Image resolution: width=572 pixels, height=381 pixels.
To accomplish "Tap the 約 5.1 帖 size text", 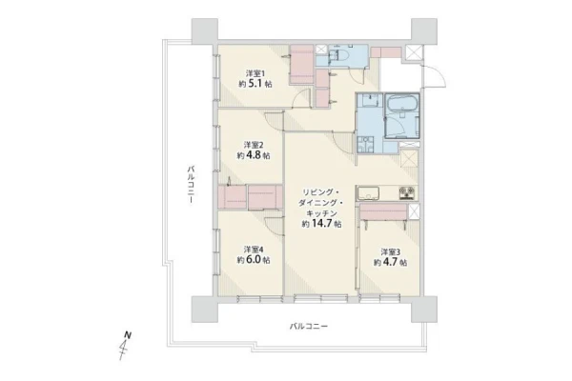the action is (x=255, y=84).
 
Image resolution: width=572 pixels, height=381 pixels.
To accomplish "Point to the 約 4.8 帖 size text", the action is (x=254, y=155).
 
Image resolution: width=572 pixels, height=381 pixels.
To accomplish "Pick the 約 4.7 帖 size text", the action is (x=391, y=263).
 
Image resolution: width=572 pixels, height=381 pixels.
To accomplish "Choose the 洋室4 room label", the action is (x=254, y=250).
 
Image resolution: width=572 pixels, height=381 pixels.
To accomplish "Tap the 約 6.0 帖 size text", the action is (x=254, y=260).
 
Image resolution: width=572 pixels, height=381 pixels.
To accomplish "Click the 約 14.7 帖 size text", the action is (x=322, y=224).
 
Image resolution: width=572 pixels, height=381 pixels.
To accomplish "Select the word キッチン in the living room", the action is (x=321, y=213).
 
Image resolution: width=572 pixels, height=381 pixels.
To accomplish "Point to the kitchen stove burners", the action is (x=407, y=192).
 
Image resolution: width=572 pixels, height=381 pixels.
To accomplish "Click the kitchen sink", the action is (x=368, y=192).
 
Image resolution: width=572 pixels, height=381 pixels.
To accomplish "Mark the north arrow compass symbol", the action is (x=124, y=345).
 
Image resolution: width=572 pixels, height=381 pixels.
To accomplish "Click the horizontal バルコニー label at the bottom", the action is (x=309, y=326).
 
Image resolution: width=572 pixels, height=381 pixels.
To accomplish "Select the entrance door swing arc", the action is (x=439, y=76).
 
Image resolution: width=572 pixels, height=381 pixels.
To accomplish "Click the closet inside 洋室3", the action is (x=383, y=212).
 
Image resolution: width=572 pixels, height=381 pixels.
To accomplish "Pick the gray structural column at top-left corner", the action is (x=205, y=31).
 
